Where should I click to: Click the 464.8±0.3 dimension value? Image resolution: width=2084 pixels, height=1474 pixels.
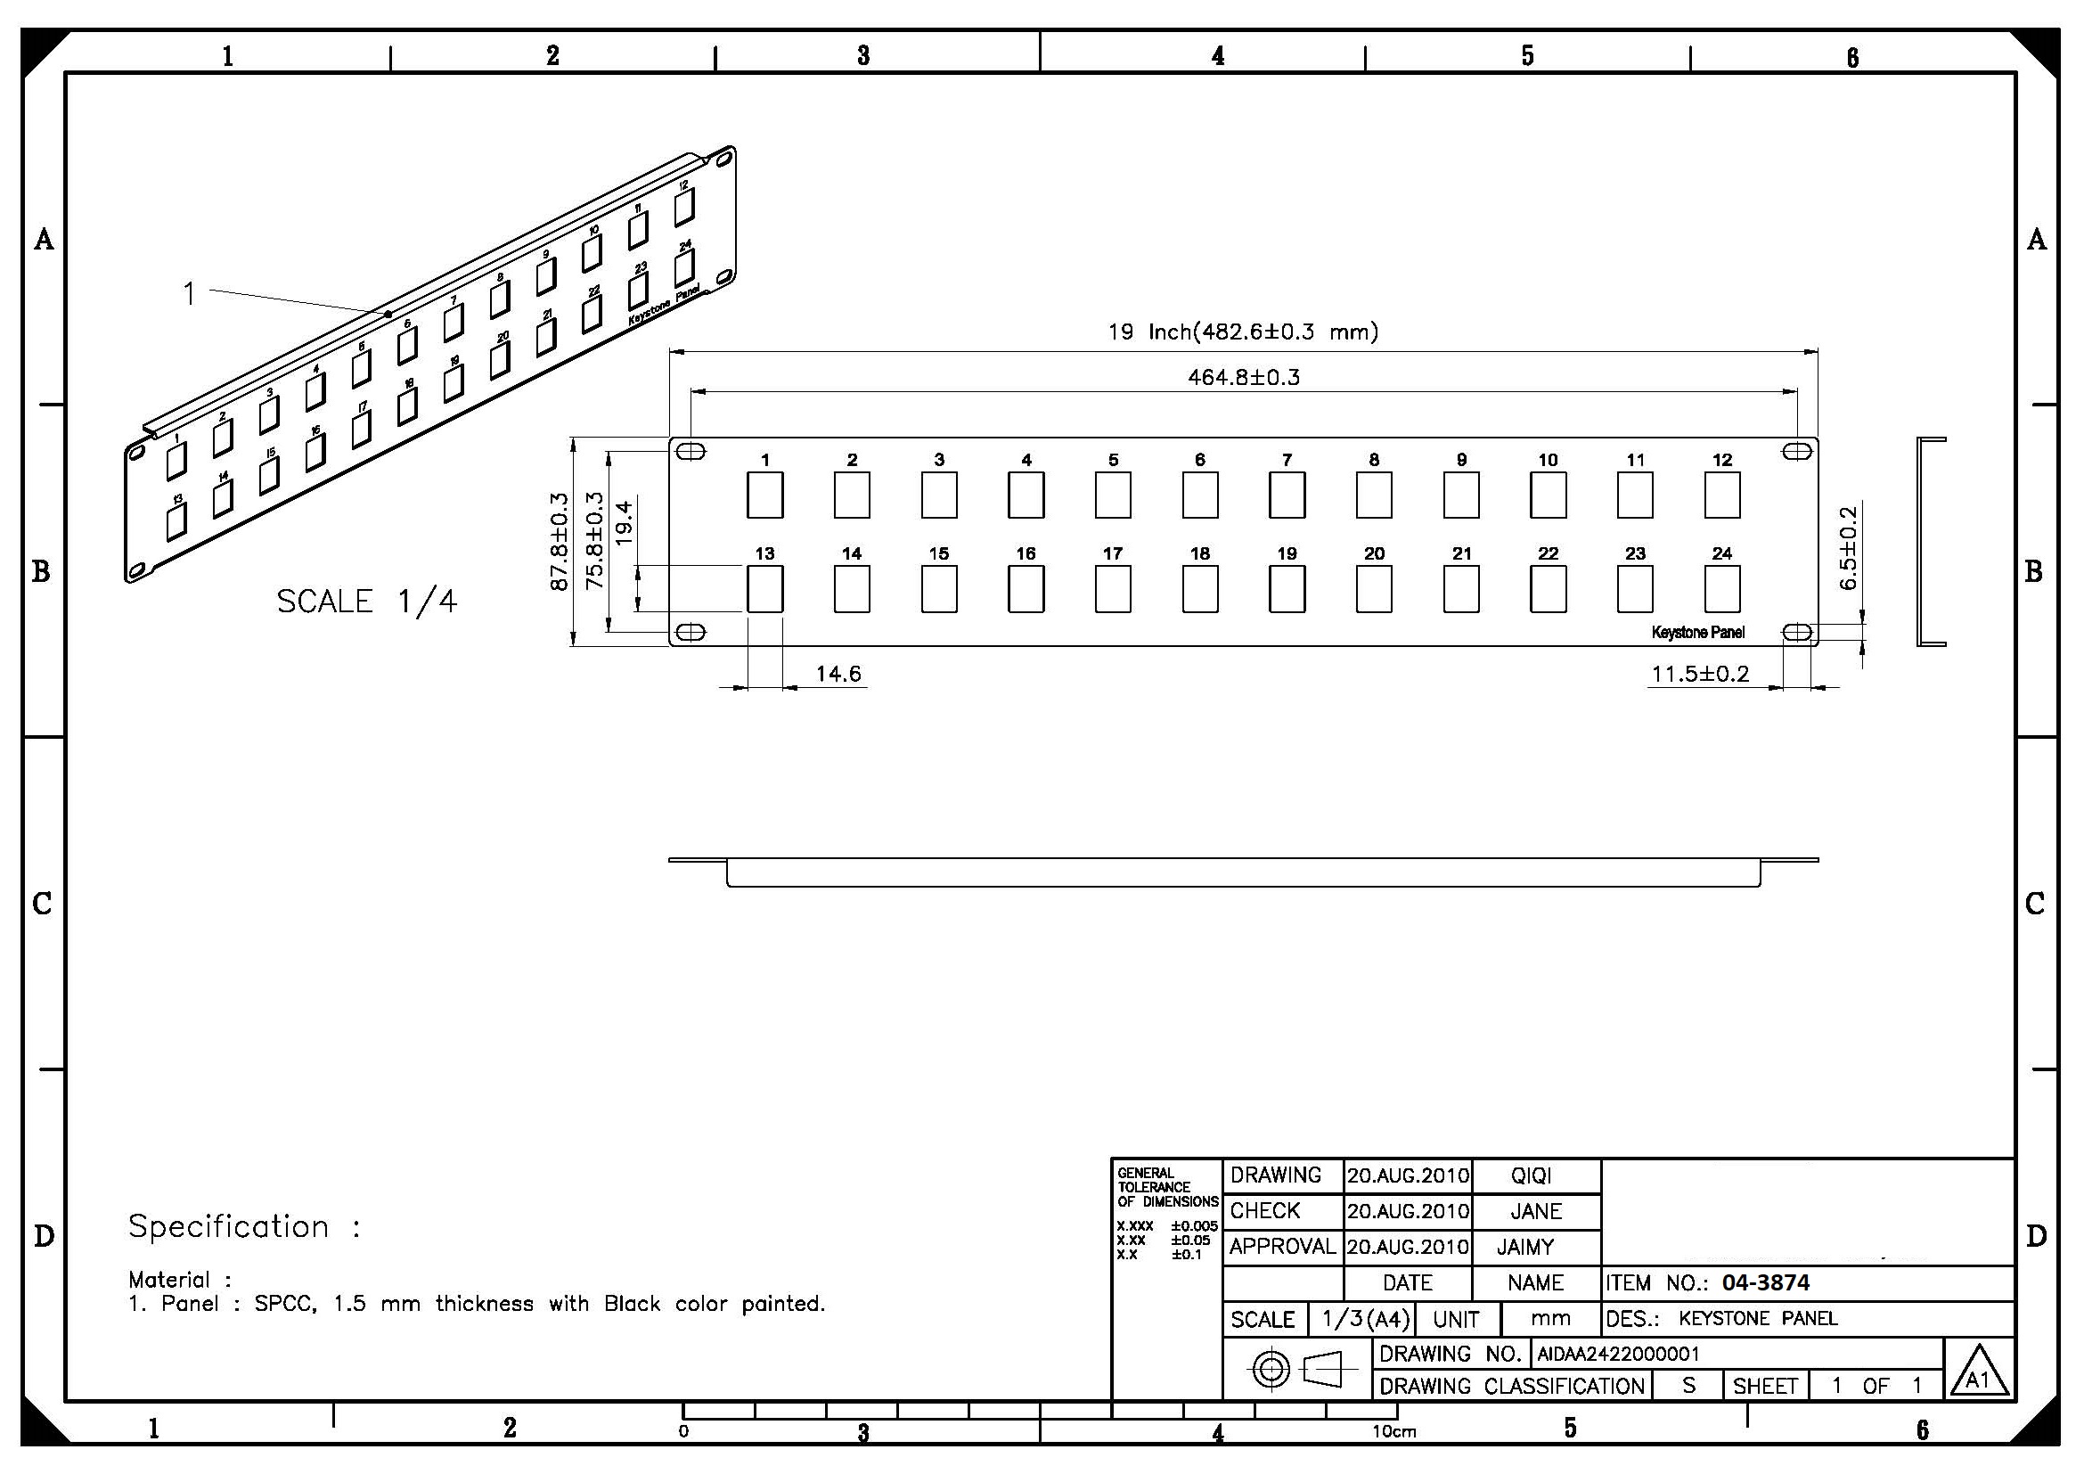pyautogui.click(x=1244, y=377)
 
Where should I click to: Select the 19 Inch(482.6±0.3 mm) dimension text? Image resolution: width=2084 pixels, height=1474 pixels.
pyautogui.click(x=1243, y=332)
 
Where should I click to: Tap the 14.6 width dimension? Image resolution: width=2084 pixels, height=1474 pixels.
pyautogui.click(x=838, y=674)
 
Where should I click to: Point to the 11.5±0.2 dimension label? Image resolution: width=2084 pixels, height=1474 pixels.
pyautogui.click(x=1700, y=674)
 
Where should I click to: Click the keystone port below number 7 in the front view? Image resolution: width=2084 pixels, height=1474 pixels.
pyautogui.click(x=1287, y=495)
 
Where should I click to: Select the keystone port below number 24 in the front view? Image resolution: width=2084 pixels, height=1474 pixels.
pyautogui.click(x=1722, y=589)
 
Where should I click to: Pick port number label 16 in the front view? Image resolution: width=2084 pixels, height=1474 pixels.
pyautogui.click(x=1026, y=553)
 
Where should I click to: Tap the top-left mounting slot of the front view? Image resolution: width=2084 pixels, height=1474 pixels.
pyautogui.click(x=691, y=451)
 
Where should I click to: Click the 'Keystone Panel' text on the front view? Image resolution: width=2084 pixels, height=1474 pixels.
pyautogui.click(x=1698, y=632)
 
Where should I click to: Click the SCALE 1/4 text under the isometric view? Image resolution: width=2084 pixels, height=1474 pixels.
pyautogui.click(x=367, y=601)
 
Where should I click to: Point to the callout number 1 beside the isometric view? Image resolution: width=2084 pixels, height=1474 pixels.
pyautogui.click(x=189, y=293)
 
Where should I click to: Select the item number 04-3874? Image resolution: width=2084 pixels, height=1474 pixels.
pyautogui.click(x=1765, y=1282)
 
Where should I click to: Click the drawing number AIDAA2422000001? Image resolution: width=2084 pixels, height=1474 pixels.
pyautogui.click(x=1617, y=1355)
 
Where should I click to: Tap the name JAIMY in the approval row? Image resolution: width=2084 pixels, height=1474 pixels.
pyautogui.click(x=1524, y=1247)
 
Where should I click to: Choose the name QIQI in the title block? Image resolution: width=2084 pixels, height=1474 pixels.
pyautogui.click(x=1532, y=1175)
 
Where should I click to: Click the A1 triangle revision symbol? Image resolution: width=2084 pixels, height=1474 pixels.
pyautogui.click(x=1979, y=1372)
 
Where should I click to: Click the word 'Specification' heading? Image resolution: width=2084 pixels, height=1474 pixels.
pyautogui.click(x=229, y=1226)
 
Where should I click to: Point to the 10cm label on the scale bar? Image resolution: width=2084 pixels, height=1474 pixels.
pyautogui.click(x=1394, y=1432)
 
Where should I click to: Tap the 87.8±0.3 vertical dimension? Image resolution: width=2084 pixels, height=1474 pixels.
pyautogui.click(x=560, y=542)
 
